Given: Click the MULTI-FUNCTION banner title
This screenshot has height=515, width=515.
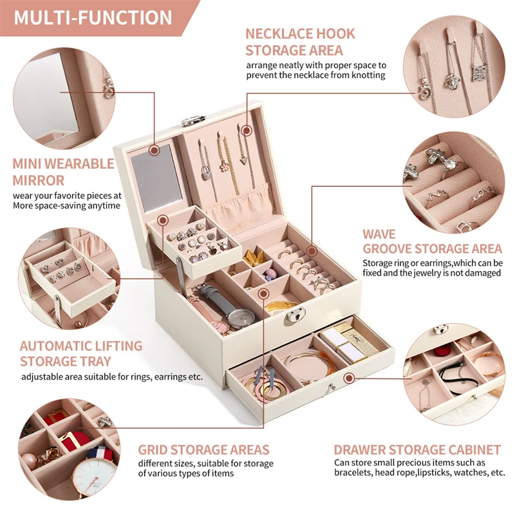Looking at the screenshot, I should pyautogui.click(x=93, y=17).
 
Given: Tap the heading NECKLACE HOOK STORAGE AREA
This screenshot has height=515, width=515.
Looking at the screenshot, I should pyautogui.click(x=300, y=41).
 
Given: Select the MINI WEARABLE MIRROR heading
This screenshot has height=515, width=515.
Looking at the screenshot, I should pyautogui.click(x=63, y=172).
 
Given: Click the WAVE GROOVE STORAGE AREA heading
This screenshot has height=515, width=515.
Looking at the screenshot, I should pyautogui.click(x=431, y=241).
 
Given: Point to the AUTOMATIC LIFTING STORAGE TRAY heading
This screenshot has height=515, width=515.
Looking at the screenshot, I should pyautogui.click(x=80, y=353).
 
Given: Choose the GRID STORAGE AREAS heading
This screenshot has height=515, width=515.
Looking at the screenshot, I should pyautogui.click(x=203, y=449).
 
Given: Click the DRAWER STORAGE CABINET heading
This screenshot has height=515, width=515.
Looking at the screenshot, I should pyautogui.click(x=417, y=449).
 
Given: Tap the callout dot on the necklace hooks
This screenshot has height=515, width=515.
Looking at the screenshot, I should pyautogui.click(x=246, y=130).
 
